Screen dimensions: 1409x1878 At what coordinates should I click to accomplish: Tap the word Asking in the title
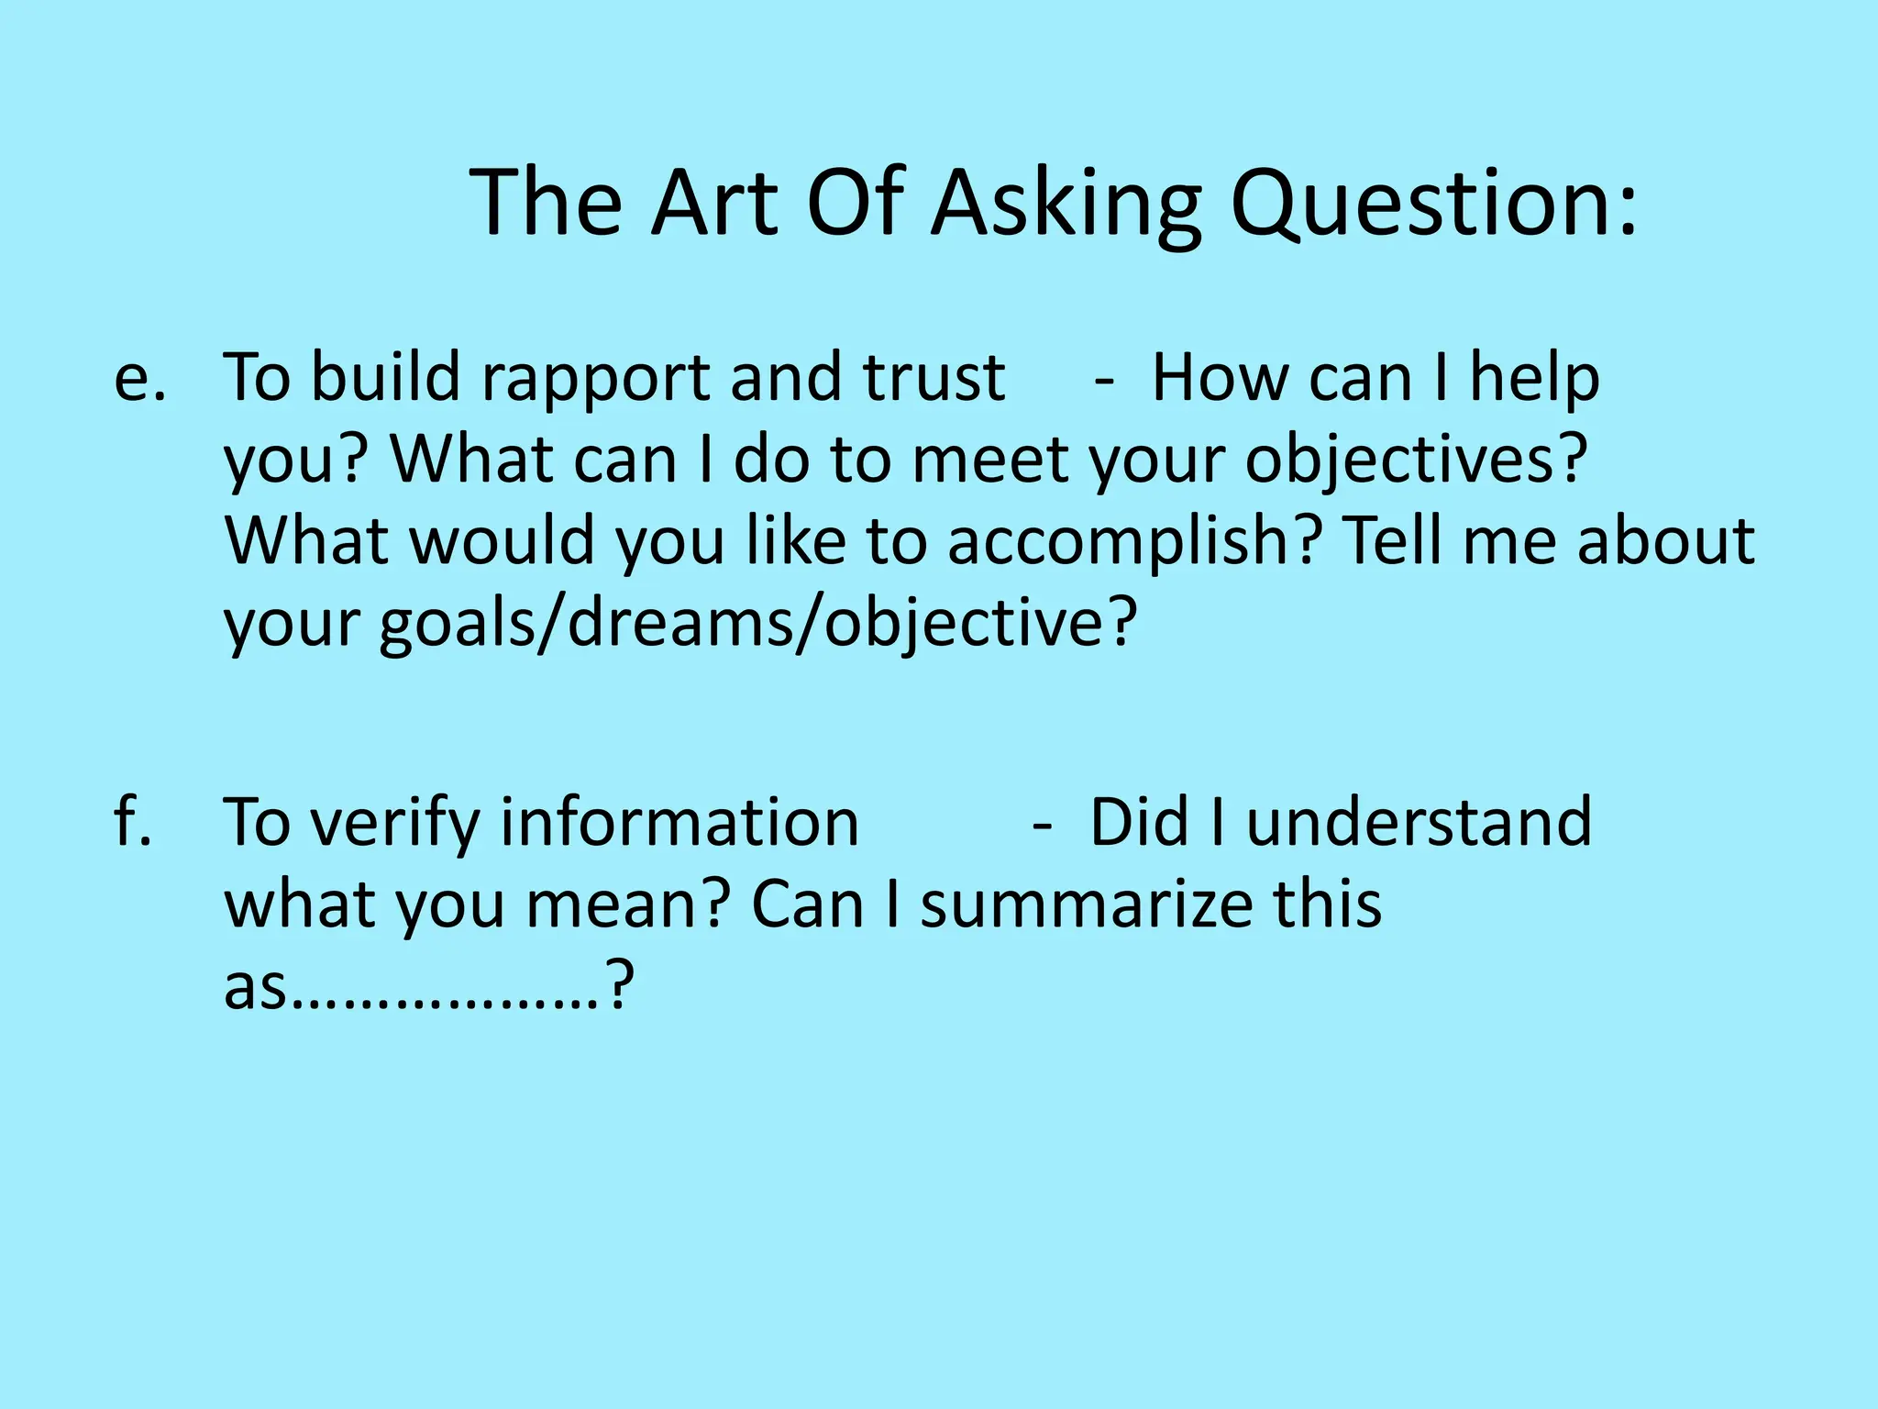coord(1066,204)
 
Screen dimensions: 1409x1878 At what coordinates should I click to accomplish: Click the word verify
coord(394,823)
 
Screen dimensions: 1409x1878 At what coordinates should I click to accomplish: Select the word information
coord(679,823)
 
